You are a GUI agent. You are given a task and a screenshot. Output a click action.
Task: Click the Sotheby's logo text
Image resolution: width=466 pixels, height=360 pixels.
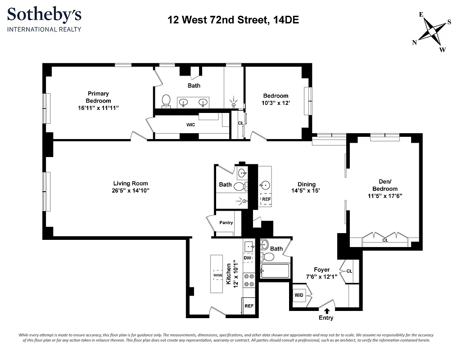pyautogui.click(x=44, y=15)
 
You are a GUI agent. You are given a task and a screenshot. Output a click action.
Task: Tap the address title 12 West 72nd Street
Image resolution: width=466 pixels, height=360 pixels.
pyautogui.click(x=233, y=20)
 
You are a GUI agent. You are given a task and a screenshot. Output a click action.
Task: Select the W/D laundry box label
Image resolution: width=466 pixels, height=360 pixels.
pyautogui.click(x=299, y=296)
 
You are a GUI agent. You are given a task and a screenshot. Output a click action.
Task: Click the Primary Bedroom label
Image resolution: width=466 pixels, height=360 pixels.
pyautogui.click(x=98, y=97)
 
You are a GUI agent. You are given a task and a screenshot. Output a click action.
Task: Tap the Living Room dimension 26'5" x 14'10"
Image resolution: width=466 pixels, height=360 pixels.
pyautogui.click(x=131, y=191)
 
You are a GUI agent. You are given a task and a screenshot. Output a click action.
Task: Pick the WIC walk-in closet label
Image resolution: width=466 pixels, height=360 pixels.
pyautogui.click(x=191, y=125)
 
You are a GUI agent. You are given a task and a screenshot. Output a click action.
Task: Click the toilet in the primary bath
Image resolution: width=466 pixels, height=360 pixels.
pyautogui.click(x=166, y=101)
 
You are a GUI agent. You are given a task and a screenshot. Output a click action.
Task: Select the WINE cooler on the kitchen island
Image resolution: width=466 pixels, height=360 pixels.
pyautogui.click(x=218, y=275)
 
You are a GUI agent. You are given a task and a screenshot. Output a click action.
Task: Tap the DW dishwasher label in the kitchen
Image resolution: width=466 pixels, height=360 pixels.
pyautogui.click(x=247, y=258)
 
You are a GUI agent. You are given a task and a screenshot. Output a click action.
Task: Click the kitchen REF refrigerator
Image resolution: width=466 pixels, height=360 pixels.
pyautogui.click(x=249, y=306)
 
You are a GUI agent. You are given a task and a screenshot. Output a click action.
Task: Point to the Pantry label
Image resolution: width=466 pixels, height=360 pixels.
pyautogui.click(x=226, y=223)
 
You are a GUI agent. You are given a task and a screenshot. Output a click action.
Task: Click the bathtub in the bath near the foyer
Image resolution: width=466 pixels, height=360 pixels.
pyautogui.click(x=275, y=271)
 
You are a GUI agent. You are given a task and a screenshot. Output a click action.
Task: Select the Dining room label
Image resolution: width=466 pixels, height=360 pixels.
pyautogui.click(x=306, y=184)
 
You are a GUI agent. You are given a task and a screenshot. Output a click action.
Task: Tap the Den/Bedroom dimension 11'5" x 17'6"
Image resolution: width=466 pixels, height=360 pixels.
pyautogui.click(x=385, y=196)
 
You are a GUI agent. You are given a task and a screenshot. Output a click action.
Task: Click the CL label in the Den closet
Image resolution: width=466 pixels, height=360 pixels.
pyautogui.click(x=385, y=240)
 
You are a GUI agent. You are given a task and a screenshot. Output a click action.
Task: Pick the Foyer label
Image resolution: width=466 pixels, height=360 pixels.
pyautogui.click(x=321, y=270)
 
